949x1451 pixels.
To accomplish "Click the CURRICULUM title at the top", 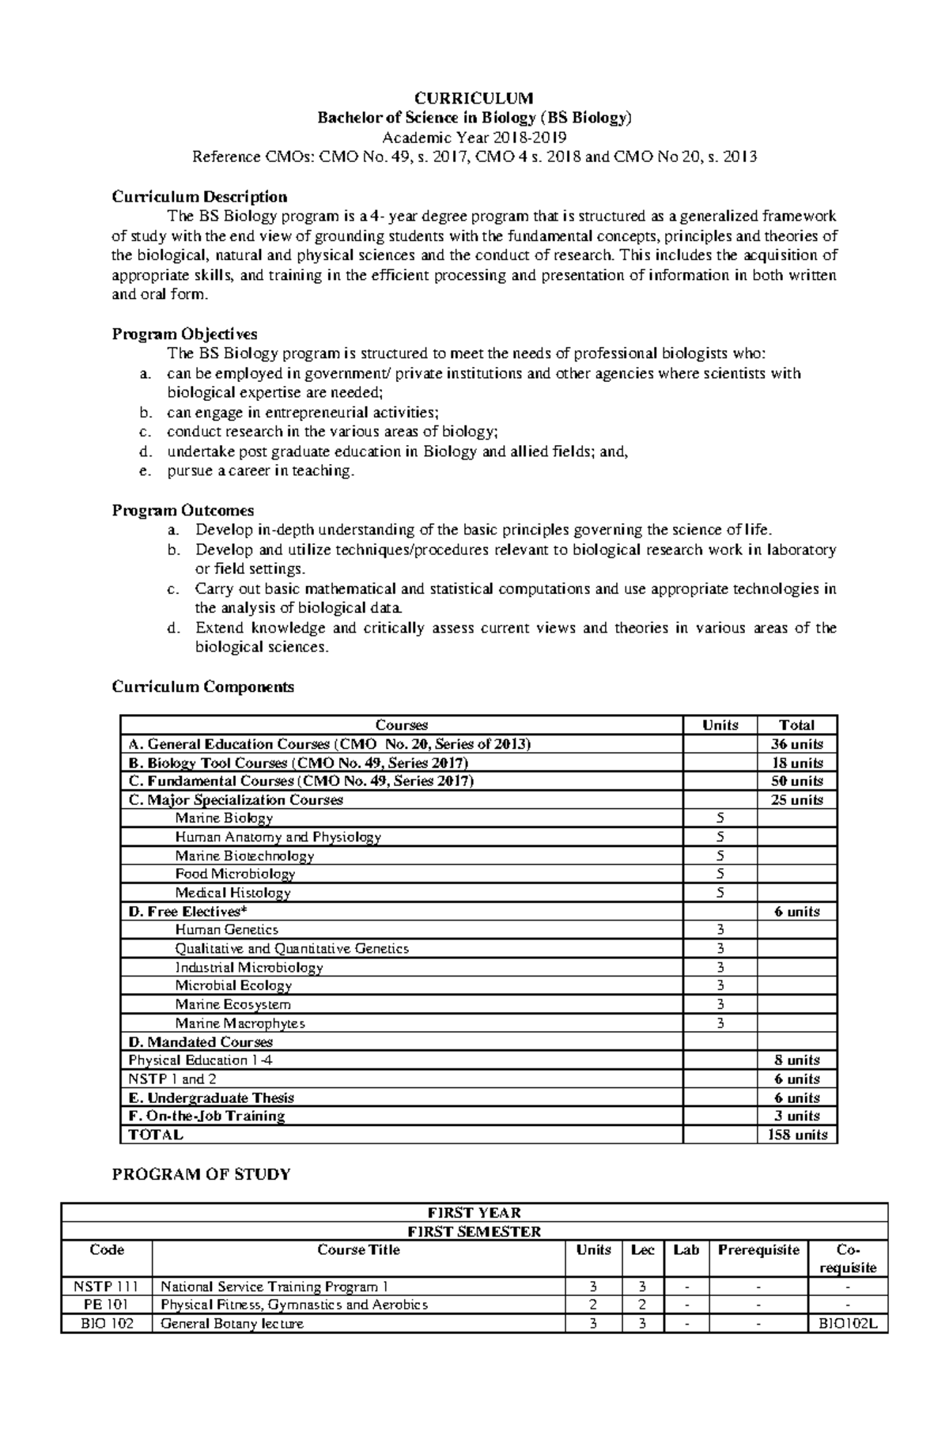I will (x=475, y=98).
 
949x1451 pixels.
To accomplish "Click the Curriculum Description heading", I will (x=199, y=196).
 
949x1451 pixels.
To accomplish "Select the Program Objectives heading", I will (x=184, y=334).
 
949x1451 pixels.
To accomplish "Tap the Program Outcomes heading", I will (x=183, y=510).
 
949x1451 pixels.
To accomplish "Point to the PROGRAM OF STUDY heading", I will (x=201, y=1174).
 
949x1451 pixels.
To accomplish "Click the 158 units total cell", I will (x=796, y=1135).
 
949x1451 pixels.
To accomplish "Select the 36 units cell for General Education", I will (x=796, y=744).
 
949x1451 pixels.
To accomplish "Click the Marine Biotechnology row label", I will (x=244, y=856).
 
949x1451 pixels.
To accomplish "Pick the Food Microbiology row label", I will (x=235, y=874).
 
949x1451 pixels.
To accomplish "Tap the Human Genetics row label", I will (x=227, y=930).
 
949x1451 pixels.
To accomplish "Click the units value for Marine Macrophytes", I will (x=720, y=1023).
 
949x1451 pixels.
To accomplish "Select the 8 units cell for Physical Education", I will (x=796, y=1060).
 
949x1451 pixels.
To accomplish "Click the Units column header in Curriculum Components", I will (x=720, y=725).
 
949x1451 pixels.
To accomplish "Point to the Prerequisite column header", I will (x=758, y=1249).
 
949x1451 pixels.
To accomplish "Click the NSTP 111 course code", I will (x=106, y=1287).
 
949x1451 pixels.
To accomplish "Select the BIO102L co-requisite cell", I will (x=848, y=1324).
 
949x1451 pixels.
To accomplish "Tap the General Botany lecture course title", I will (x=232, y=1324).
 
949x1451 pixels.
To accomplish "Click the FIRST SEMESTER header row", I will (x=474, y=1231).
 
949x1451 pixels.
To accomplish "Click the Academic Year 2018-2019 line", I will (x=475, y=137).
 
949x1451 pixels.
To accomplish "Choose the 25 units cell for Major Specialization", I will (x=796, y=799).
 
